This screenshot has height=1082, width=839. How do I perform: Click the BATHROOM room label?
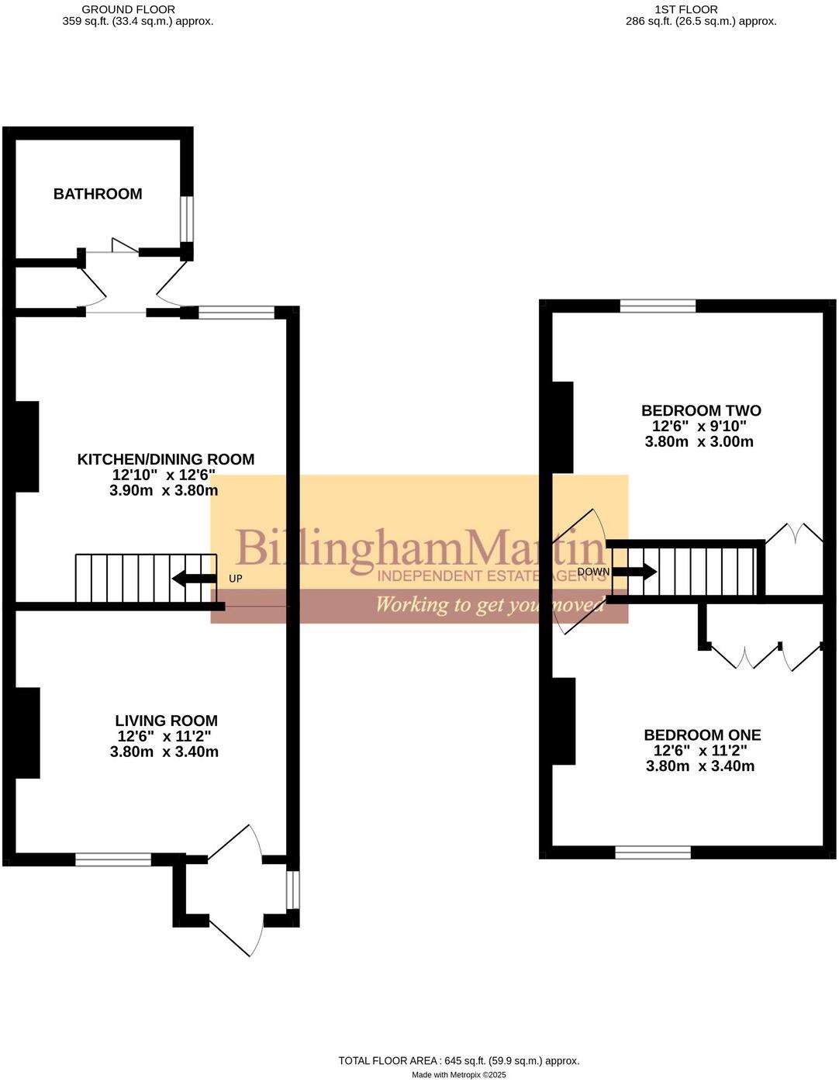pos(98,194)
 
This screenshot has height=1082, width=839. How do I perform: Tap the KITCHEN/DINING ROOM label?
pos(165,459)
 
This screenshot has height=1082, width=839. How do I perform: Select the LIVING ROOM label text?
pos(166,721)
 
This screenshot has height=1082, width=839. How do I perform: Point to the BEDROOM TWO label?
pos(701,410)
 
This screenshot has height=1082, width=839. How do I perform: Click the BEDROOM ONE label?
pos(703,735)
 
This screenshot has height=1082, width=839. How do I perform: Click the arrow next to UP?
pos(194,578)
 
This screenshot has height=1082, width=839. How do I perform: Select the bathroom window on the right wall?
pos(187,219)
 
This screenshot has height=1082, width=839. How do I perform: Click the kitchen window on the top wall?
pos(237,313)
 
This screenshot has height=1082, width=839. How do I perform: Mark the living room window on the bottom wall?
pos(113,859)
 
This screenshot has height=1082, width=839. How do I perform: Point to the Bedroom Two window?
pos(658,306)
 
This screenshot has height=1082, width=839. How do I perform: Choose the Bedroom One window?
pos(653,852)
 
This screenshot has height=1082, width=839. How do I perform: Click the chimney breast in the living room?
pos(27,733)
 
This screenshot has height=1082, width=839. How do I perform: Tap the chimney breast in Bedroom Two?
pos(562,427)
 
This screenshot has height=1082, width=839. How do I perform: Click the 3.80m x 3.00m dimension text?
pos(699,442)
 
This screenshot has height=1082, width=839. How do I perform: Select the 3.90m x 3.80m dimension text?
pos(164,490)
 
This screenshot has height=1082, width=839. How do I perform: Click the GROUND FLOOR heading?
pos(128,9)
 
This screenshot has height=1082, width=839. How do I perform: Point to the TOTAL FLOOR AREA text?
pos(458,1060)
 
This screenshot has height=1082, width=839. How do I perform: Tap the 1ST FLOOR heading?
pos(685,9)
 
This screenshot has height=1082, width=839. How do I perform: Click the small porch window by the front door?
pos(292,890)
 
